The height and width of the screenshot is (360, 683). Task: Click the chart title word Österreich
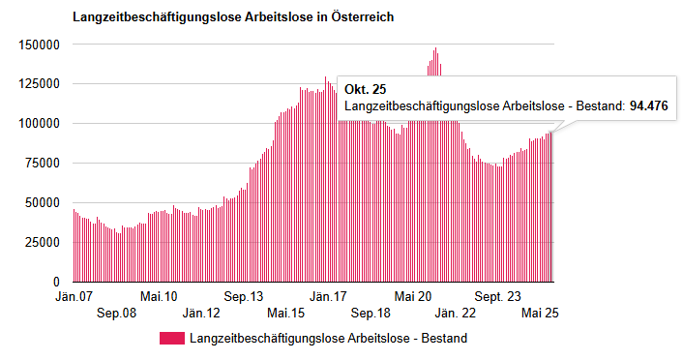[360, 18]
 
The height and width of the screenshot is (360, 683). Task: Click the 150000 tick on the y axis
[40, 45]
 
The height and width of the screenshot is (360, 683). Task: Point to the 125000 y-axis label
[40, 84]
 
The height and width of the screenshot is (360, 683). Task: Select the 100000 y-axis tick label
[40, 124]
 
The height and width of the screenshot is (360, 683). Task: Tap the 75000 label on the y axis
[43, 164]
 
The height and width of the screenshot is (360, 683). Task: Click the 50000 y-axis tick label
[43, 203]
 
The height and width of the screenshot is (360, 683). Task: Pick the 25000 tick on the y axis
[43, 243]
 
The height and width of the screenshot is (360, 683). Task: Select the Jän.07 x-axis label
[75, 297]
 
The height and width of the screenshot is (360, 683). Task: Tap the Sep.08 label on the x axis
[117, 314]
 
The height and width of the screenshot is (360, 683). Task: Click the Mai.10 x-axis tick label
[159, 297]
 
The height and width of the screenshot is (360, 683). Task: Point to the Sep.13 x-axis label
[244, 297]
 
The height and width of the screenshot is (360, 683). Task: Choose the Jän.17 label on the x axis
[329, 297]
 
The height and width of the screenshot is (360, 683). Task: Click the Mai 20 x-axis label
[414, 297]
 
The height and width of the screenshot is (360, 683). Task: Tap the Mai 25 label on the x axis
[540, 314]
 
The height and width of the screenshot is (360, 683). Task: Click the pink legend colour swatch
[170, 339]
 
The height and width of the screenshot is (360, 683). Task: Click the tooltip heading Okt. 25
[365, 89]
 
